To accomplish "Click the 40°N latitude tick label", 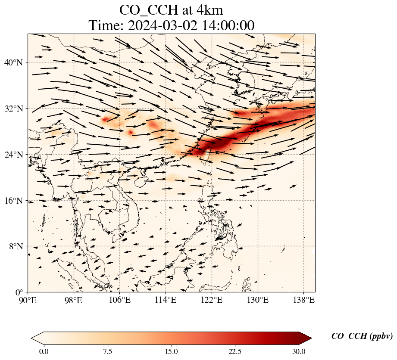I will [x=16, y=62].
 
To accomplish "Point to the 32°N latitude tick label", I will [x=16, y=109].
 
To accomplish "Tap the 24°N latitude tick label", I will [x=16, y=155].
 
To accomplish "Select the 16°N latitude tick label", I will [x=16, y=201].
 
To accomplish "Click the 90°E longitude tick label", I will [x=28, y=300].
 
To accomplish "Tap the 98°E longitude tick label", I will [x=74, y=300].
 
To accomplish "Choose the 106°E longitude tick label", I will [x=120, y=300].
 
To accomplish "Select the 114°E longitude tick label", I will [x=166, y=300].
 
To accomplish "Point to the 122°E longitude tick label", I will [x=212, y=300].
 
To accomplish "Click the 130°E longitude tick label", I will [x=257, y=300].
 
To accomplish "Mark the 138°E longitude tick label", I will [x=303, y=300].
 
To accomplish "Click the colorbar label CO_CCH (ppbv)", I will [x=362, y=336].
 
